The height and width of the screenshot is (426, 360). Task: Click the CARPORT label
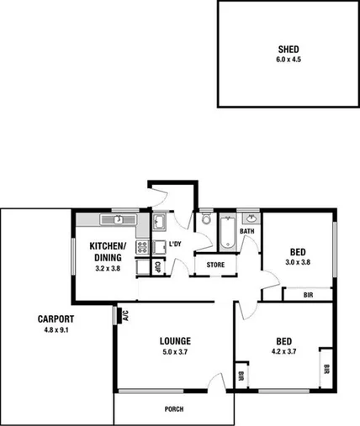[x=56, y=318]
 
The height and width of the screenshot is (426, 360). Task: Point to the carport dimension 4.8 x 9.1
[x=56, y=329]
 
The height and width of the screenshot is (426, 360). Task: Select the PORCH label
[x=174, y=409]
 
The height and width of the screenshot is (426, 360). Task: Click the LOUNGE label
[x=176, y=341]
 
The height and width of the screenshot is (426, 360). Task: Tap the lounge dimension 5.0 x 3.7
[x=176, y=352]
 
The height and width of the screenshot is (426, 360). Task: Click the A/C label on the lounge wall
[x=124, y=316]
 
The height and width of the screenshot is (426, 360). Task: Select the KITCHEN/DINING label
[x=107, y=250]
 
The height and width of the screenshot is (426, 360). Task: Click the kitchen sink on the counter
[x=119, y=219]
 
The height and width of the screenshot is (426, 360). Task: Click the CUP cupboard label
[x=157, y=266]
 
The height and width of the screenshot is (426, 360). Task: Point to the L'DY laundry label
[x=175, y=245]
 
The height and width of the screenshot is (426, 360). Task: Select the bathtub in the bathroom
[x=227, y=232]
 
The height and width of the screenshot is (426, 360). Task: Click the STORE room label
[x=216, y=266]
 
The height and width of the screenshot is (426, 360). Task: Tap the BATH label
[x=247, y=231]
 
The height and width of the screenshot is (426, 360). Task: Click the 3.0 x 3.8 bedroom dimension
[x=298, y=262]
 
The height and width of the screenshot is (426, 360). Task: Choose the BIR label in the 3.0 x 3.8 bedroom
[x=308, y=295]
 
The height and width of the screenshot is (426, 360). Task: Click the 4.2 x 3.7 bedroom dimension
[x=283, y=352]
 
